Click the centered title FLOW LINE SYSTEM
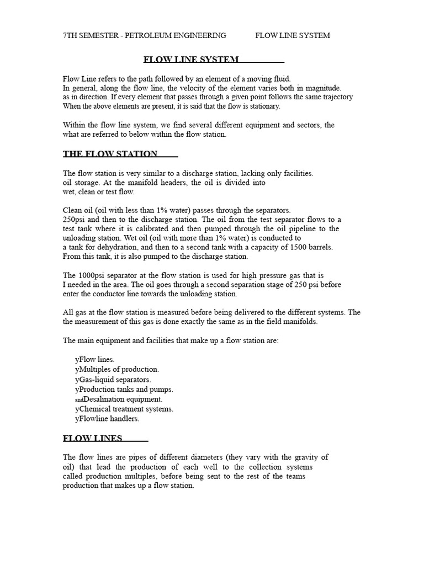(191, 59)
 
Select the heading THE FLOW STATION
(110, 153)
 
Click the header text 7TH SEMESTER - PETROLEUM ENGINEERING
(145, 35)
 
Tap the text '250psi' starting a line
(74, 219)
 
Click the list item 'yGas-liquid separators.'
(113, 379)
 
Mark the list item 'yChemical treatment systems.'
(124, 409)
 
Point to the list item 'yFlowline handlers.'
(107, 419)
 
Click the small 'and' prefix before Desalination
(78, 399)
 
